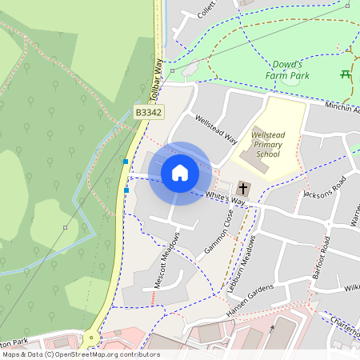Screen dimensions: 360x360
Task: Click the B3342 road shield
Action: (x=148, y=113)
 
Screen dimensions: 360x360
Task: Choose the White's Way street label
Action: (x=225, y=199)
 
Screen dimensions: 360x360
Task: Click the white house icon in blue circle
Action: (x=180, y=173)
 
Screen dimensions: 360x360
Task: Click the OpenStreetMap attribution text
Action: (x=80, y=354)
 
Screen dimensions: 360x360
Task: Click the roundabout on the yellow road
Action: (x=90, y=338)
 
